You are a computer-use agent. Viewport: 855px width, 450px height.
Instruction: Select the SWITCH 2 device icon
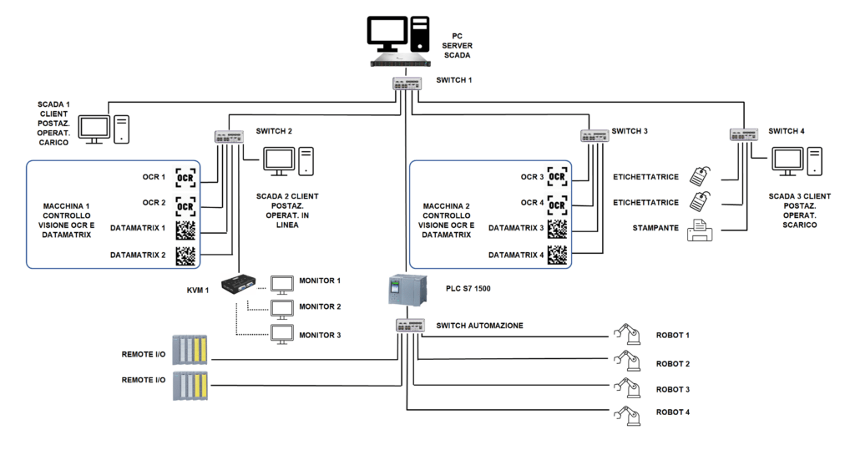coord(225,137)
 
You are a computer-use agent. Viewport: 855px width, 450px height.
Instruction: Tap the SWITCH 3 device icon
coord(594,135)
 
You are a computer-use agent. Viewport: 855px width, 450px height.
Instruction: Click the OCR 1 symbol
coord(185,178)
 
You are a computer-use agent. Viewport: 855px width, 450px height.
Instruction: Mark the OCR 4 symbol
coord(558,203)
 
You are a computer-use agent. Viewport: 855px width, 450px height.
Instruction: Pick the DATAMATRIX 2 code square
coord(185,255)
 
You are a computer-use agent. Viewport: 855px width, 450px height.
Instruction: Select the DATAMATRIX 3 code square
coord(558,228)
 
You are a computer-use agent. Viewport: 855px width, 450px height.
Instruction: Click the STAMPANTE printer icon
coord(699,230)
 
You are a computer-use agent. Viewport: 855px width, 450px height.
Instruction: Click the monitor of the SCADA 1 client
coord(94,128)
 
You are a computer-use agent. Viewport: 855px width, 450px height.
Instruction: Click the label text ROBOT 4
coord(672,412)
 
